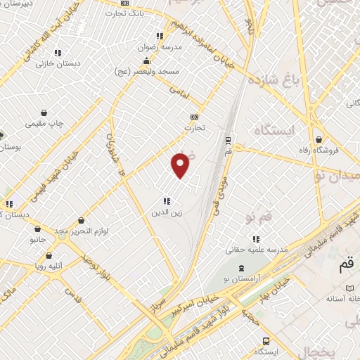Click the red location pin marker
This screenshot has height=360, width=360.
click(x=181, y=165)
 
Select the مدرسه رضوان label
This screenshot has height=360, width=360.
click(x=169, y=48)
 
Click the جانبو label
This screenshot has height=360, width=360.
click(x=37, y=239)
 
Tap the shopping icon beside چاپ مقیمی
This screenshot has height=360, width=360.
click(x=44, y=112)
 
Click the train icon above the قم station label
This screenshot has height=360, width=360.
click(x=228, y=139)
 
